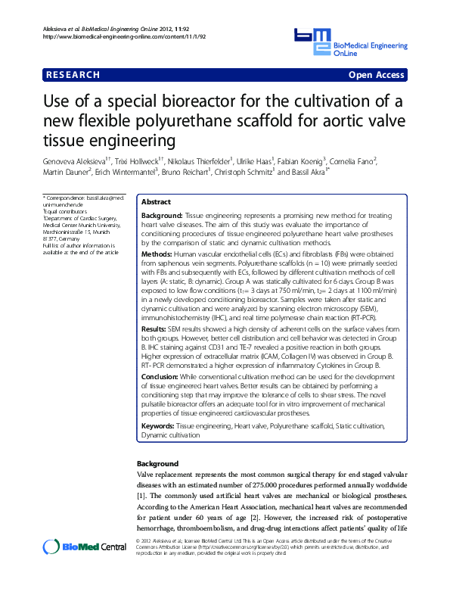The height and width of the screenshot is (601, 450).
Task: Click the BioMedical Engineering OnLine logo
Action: click(349, 43)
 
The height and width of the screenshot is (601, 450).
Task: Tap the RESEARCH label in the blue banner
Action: click(73, 75)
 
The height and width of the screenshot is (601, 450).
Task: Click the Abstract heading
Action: click(157, 203)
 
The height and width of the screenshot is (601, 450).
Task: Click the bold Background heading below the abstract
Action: click(157, 463)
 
